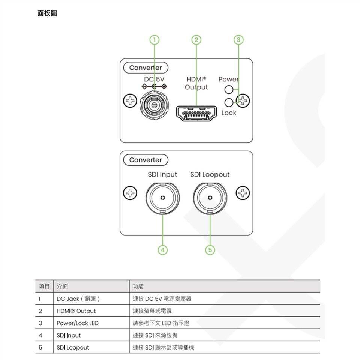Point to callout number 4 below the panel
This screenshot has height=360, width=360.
(162, 250)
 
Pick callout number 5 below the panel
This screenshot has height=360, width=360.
(210, 250)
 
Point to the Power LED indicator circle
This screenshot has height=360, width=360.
(228, 90)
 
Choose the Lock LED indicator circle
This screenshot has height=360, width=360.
(228, 102)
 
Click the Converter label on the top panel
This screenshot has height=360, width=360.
(145, 68)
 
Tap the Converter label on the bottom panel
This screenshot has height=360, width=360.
(145, 160)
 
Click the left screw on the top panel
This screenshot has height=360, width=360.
(130, 100)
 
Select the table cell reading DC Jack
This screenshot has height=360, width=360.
(78, 299)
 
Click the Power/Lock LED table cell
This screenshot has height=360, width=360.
(78, 323)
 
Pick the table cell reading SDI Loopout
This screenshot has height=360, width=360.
(73, 347)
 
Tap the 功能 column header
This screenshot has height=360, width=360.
(138, 286)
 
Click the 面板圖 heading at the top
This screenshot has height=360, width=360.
(47, 13)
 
